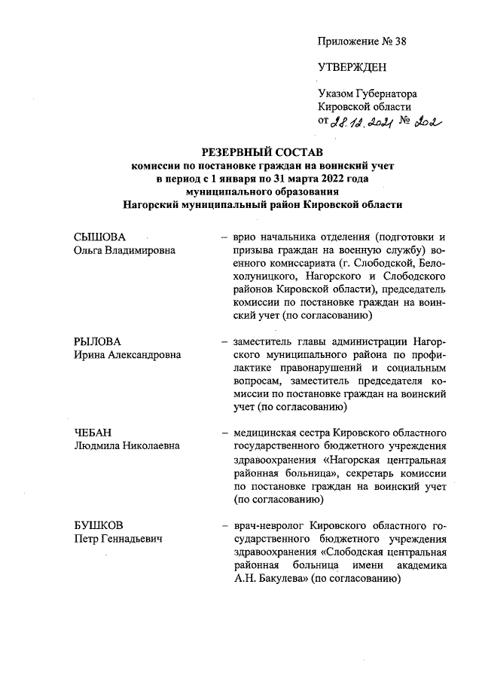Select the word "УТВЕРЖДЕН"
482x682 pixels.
(352, 67)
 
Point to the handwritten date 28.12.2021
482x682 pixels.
(364, 122)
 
